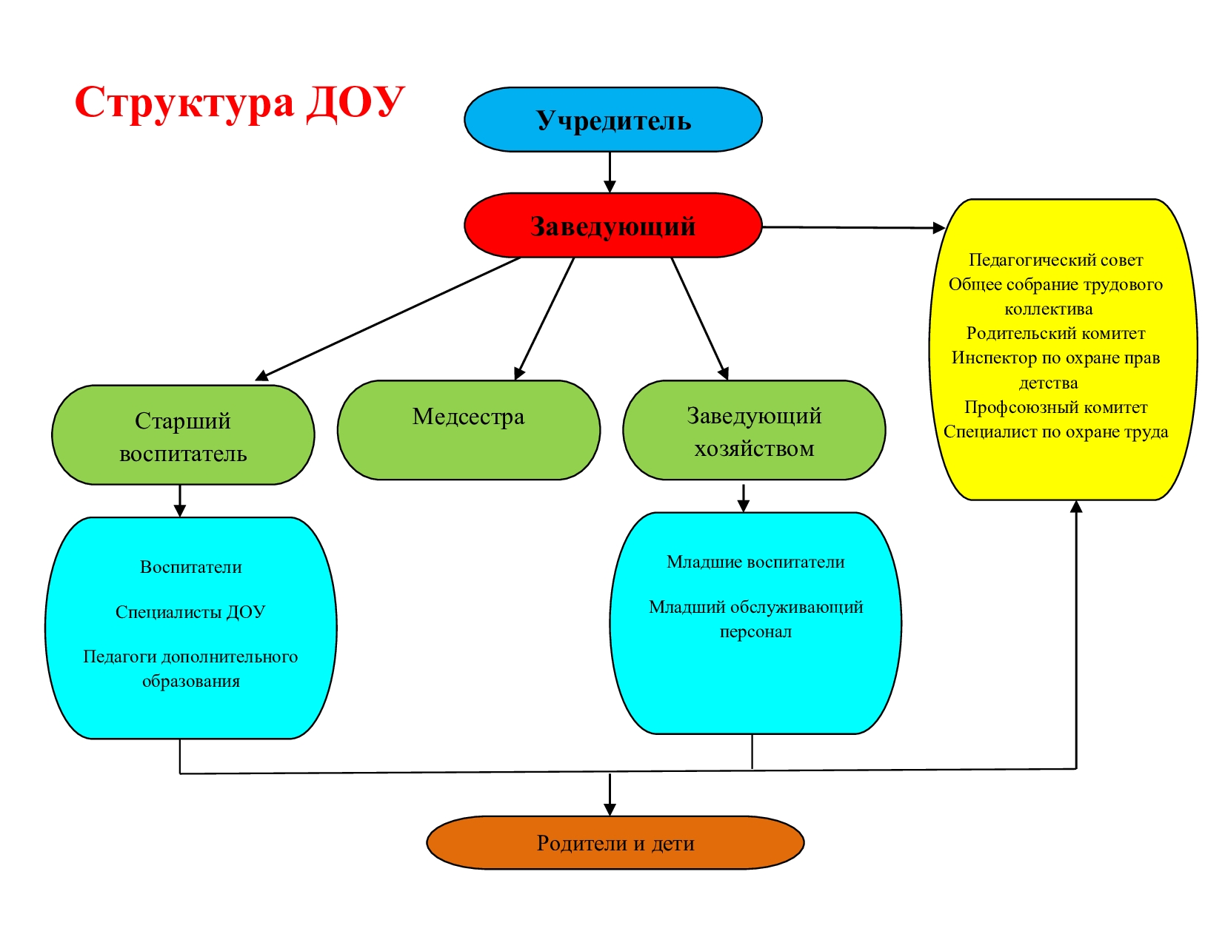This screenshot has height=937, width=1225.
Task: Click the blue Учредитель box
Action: point(612,120)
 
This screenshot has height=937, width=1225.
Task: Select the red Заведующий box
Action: point(612,226)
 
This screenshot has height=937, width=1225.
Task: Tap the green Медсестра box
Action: point(468,430)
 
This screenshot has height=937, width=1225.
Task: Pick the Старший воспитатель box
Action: point(183,435)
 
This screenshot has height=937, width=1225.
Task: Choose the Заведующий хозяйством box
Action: point(754,431)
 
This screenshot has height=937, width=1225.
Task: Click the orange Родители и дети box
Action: point(615,843)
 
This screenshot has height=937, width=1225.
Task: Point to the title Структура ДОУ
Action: point(239,102)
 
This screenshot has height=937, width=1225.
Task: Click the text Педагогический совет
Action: point(1055,260)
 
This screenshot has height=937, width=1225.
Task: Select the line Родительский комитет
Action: point(1055,333)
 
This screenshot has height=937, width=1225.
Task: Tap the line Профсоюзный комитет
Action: point(1055,407)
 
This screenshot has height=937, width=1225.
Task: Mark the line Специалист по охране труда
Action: point(1055,431)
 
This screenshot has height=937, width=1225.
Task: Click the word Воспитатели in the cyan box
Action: point(191,567)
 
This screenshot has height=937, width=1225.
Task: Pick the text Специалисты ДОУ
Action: point(190,612)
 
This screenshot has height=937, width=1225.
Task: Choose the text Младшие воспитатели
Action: point(755,562)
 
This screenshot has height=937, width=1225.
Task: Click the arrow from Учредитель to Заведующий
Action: point(610,172)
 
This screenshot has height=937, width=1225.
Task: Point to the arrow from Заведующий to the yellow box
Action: point(852,227)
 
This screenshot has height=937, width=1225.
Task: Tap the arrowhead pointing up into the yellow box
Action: point(1076,507)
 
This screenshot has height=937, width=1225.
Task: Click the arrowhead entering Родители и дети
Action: point(610,809)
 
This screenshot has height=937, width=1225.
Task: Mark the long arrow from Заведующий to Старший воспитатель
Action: point(389,318)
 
